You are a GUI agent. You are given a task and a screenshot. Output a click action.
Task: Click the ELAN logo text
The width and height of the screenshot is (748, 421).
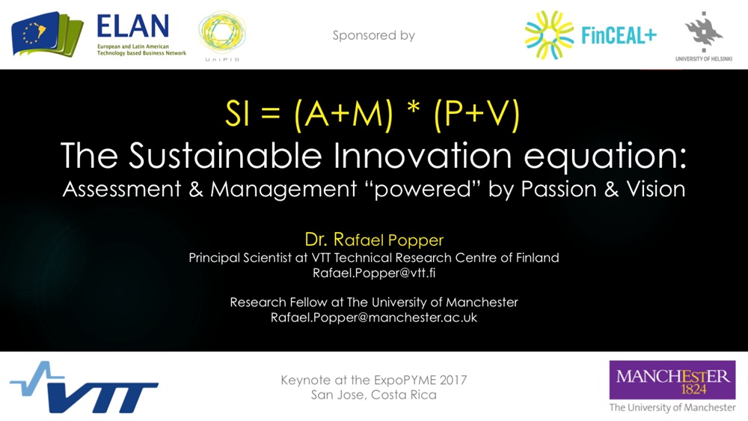132,25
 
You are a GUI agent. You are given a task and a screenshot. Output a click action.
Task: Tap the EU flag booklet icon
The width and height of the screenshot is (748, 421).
46,34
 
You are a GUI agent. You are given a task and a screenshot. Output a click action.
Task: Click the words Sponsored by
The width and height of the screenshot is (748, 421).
373,35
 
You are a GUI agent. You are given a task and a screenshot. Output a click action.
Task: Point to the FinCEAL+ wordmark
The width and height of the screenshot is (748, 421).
619,35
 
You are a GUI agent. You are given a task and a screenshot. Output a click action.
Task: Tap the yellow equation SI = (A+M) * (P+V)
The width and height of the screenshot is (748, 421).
372,115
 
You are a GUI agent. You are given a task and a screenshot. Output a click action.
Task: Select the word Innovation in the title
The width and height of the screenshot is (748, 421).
423,156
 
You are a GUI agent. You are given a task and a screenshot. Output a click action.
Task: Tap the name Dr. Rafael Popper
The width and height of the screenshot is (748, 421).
374,240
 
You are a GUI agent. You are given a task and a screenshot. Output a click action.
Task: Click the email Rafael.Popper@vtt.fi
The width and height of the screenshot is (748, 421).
374,273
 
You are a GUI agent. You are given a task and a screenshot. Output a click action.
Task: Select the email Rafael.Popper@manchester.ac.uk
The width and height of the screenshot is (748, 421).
374,318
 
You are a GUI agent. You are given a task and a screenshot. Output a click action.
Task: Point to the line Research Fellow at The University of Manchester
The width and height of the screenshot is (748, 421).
374,303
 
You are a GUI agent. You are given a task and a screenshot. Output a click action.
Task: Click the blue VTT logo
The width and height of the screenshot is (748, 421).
84,387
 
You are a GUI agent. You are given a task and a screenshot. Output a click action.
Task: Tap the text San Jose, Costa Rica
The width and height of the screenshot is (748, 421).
374,396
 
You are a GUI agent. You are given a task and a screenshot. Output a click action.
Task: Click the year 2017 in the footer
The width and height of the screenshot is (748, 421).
453,381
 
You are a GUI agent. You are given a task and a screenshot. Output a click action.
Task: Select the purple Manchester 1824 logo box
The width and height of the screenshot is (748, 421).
672,380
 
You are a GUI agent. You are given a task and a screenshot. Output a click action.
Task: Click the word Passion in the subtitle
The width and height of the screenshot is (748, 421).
559,189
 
